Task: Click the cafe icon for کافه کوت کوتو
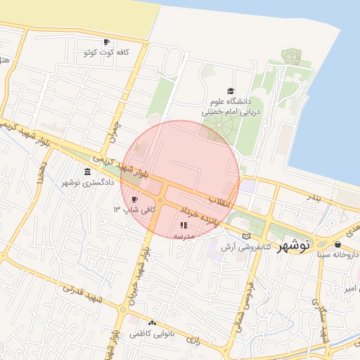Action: pos(106,42)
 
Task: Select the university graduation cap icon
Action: pos(231,91)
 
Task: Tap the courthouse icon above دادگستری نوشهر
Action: pos(87,172)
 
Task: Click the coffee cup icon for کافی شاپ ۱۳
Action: pos(134,200)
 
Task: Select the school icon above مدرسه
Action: pos(184,226)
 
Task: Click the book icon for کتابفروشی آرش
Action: pos(245,236)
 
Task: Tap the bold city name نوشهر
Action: pos(294,245)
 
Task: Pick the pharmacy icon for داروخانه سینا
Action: pos(338,245)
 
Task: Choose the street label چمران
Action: pos(113,131)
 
